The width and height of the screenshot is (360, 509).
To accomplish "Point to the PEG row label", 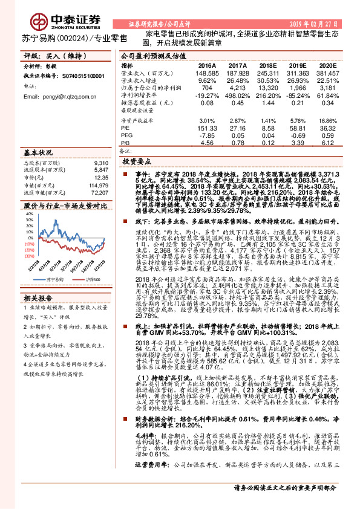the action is (126, 135).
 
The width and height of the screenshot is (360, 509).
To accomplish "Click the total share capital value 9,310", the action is (102, 163).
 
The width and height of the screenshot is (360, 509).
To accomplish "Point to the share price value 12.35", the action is (100, 178).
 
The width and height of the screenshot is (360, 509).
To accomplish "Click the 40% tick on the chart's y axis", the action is (29, 214).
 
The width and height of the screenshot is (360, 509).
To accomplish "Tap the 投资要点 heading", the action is (137, 163).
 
